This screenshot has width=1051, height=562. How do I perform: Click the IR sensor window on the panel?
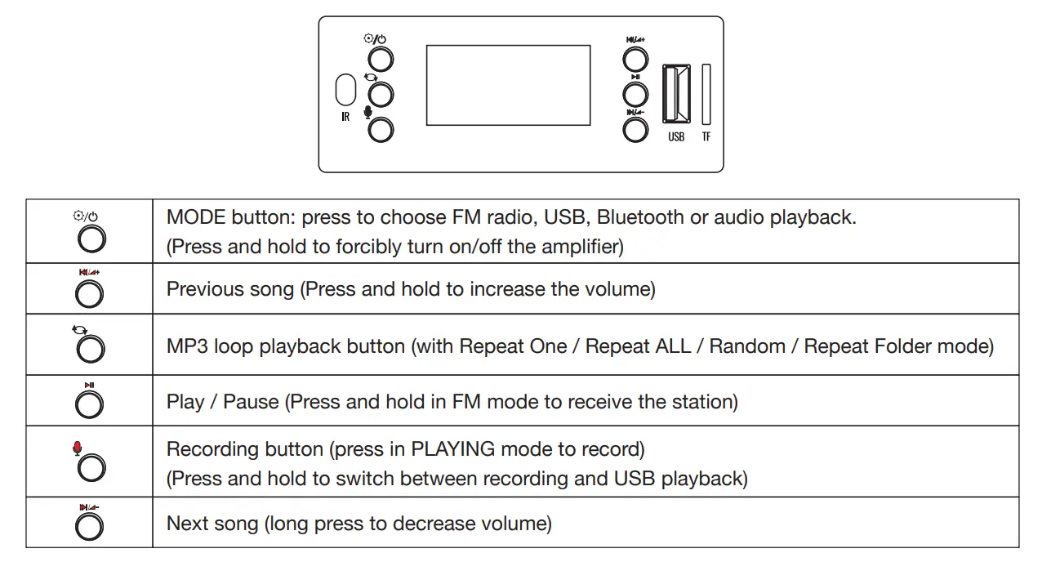click(345, 90)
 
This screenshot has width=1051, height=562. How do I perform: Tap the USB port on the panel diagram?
click(676, 94)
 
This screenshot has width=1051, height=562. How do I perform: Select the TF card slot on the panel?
click(706, 94)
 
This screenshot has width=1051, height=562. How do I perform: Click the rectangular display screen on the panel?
click(508, 85)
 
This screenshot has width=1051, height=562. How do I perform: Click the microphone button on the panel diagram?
click(381, 129)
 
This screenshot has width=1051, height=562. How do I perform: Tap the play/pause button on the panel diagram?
click(635, 94)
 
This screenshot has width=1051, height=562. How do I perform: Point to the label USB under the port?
click(676, 136)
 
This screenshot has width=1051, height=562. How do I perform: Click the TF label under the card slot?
click(706, 136)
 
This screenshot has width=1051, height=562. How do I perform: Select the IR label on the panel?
click(345, 117)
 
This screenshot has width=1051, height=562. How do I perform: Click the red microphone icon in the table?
click(78, 448)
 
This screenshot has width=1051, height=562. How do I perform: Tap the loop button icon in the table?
click(89, 350)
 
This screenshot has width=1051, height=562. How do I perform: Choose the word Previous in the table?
click(198, 289)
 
